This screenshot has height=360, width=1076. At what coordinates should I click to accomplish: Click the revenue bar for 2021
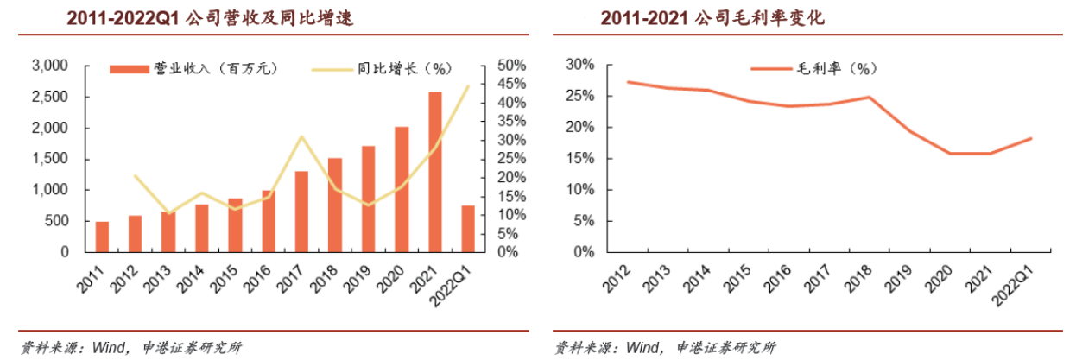(x=435, y=172)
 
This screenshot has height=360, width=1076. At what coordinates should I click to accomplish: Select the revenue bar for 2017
(x=301, y=212)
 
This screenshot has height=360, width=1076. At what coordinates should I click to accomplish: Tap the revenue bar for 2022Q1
(x=468, y=229)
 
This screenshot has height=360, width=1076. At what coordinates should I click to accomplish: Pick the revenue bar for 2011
(x=102, y=237)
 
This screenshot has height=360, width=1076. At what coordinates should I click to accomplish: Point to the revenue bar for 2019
(x=368, y=199)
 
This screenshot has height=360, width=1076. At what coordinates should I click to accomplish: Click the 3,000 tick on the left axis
(x=49, y=66)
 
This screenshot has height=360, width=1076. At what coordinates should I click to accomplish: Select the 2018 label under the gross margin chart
(x=849, y=277)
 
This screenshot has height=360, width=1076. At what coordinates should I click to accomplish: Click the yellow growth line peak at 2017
(x=301, y=136)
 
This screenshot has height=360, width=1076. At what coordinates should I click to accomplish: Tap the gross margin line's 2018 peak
(x=869, y=97)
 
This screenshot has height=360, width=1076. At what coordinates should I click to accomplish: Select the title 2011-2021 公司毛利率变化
(x=713, y=18)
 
